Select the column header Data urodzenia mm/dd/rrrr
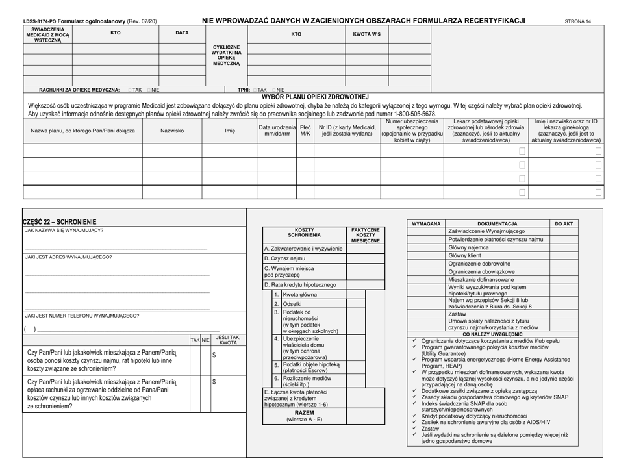pyautogui.click(x=277, y=131)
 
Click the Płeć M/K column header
pyautogui.click(x=305, y=131)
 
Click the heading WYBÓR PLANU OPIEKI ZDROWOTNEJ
pyautogui.click(x=315, y=97)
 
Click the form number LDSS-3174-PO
pyautogui.click(x=42, y=21)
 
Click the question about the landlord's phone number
pyautogui.click(x=81, y=316)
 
